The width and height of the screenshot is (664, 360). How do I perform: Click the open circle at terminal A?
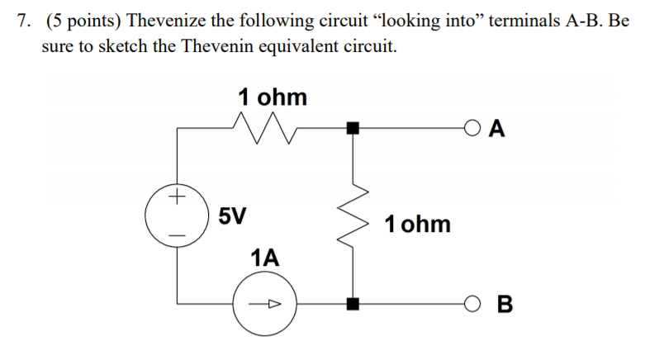tap(471, 128)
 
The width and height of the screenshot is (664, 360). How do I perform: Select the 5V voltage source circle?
tap(174, 217)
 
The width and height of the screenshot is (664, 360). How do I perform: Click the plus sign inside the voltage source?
tap(174, 198)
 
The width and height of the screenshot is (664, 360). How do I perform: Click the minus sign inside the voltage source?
tap(174, 234)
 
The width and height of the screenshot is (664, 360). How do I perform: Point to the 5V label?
tap(232, 217)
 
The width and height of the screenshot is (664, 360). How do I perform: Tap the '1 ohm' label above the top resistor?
tap(272, 97)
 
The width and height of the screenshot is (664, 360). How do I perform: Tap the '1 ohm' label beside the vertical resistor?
tap(418, 223)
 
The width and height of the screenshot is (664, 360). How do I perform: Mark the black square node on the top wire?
tap(353, 128)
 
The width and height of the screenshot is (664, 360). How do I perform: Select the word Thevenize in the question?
tap(162, 21)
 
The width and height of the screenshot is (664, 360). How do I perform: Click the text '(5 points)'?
tap(83, 21)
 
